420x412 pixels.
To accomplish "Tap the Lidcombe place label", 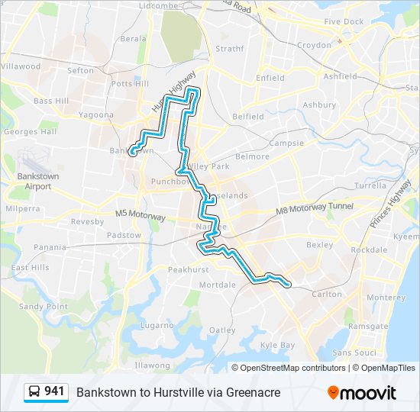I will click(x=157, y=6).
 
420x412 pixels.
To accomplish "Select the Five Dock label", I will click(x=344, y=22).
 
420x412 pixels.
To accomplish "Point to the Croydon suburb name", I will click(x=314, y=45).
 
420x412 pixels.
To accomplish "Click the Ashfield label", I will click(x=340, y=76).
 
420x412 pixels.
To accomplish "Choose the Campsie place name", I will click(x=286, y=143).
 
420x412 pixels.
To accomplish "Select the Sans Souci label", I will click(x=354, y=353).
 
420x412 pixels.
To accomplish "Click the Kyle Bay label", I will click(x=278, y=345).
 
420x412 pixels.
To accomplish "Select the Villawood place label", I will click(x=21, y=66).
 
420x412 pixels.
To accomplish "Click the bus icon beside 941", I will click(x=34, y=391).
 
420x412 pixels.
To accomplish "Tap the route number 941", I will click(x=54, y=391).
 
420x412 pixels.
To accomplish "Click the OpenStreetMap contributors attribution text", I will click(x=292, y=368).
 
